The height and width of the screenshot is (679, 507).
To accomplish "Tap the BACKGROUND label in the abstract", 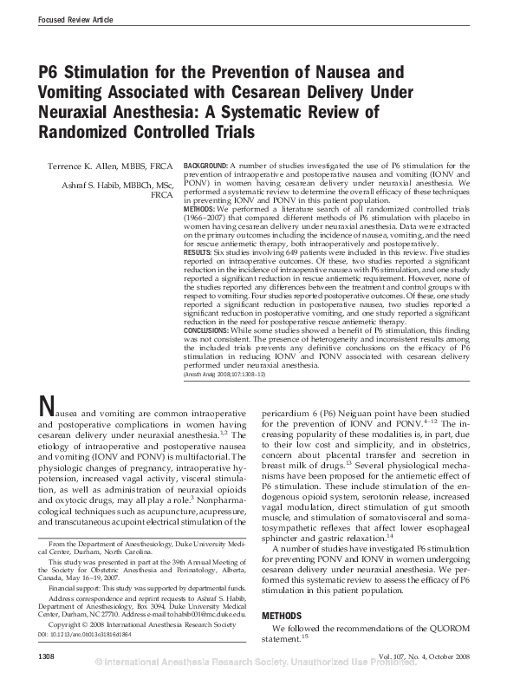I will pos(206,165).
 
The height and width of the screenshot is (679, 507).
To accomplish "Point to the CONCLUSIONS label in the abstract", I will pos(210,331).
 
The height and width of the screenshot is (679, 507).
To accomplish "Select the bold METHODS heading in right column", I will pos(282,616).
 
